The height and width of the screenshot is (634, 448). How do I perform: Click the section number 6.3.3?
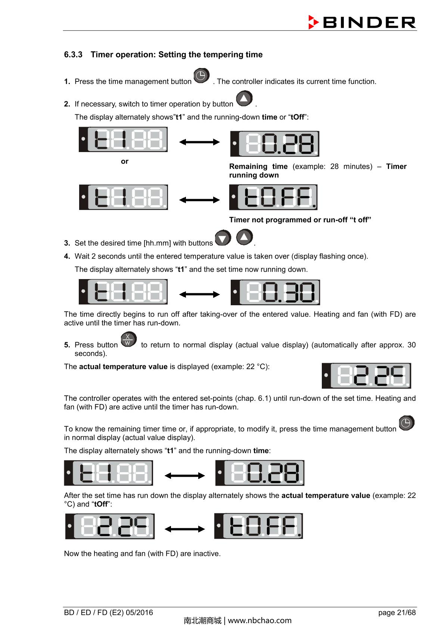click(73, 55)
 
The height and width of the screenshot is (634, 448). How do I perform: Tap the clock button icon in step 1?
click(202, 76)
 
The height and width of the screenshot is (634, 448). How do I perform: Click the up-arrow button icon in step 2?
click(244, 99)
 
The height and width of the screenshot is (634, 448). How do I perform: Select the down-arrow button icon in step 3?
click(223, 238)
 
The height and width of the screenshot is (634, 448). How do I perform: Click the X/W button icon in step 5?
click(128, 340)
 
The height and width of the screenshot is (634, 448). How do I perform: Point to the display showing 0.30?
click(275, 292)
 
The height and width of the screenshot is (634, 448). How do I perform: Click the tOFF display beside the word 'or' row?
click(273, 197)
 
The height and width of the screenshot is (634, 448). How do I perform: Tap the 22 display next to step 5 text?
click(366, 375)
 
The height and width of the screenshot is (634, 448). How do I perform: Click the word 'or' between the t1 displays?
click(125, 161)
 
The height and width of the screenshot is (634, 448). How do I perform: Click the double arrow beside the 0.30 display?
click(199, 294)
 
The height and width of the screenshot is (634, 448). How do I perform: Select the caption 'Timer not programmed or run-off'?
click(300, 220)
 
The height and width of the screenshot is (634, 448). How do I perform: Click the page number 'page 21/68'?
click(396, 612)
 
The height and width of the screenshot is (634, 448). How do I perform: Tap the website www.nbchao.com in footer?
click(259, 621)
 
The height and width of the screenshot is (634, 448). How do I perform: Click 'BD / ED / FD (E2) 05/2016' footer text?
click(109, 612)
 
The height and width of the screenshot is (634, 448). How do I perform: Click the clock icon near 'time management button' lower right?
click(406, 423)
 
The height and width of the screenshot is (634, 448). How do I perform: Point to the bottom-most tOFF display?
click(258, 526)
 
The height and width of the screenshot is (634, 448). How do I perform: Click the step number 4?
click(67, 256)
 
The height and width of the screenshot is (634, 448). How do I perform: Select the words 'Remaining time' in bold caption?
click(258, 167)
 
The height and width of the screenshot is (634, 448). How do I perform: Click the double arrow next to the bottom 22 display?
click(185, 529)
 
